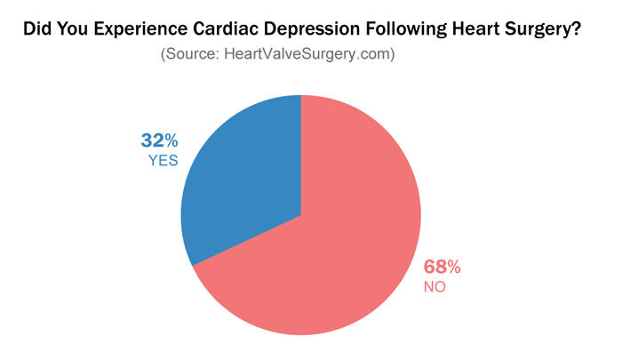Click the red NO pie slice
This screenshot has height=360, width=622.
(x=338, y=258)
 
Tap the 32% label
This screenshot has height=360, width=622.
(x=160, y=140)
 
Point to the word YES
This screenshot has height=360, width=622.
(x=163, y=161)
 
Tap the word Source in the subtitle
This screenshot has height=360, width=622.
(x=188, y=54)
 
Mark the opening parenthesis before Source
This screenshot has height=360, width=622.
(x=163, y=54)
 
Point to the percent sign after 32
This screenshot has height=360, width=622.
(x=171, y=140)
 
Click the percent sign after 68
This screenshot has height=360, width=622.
(x=453, y=268)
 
